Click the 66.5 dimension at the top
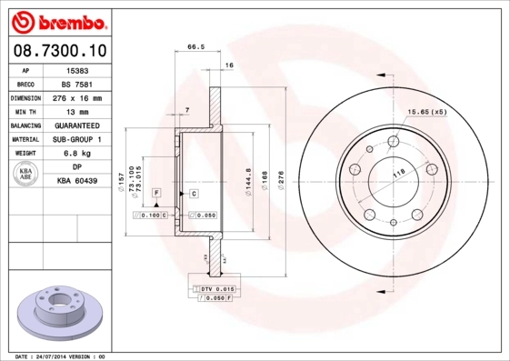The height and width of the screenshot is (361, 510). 194,47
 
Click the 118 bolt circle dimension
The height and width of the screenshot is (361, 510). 397,172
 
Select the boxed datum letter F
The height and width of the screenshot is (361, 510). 156,194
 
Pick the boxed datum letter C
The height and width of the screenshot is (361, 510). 194,194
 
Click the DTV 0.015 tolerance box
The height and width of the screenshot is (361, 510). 215,287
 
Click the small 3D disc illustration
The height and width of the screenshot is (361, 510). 61,311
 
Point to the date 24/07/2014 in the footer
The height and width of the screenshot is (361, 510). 58,356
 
